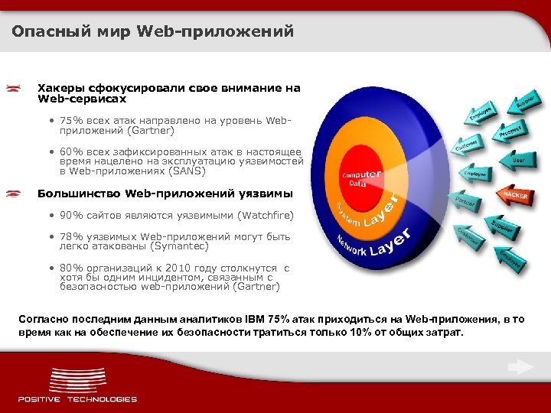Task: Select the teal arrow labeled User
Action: [517, 161]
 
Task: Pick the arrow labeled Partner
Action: [465, 203]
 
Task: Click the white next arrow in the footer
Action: [520, 367]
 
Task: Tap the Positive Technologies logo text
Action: [77, 398]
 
